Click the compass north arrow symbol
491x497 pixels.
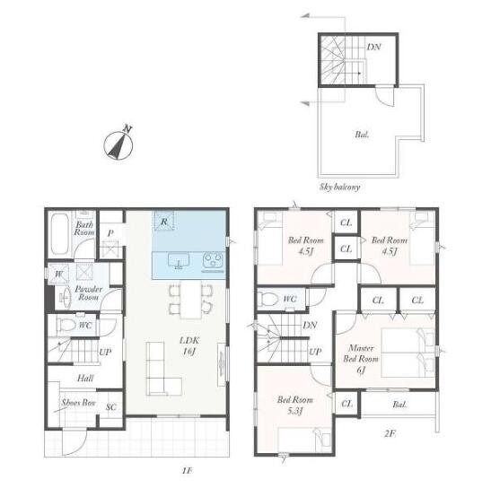(x=118, y=144)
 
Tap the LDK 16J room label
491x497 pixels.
(x=189, y=345)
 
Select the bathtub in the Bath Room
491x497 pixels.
(x=59, y=234)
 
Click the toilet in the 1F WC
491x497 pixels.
(x=67, y=324)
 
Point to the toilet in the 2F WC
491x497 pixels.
(x=268, y=299)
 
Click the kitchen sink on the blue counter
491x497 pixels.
(x=179, y=260)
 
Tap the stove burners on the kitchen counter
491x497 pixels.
(x=213, y=260)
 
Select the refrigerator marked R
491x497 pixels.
(x=164, y=221)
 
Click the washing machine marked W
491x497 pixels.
(x=59, y=274)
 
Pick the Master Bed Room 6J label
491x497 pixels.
(x=361, y=359)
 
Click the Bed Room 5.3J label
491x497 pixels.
(x=295, y=405)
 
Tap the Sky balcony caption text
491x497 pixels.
(x=339, y=187)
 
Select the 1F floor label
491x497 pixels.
(x=187, y=470)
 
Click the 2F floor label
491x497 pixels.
(x=390, y=433)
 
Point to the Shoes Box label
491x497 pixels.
(x=78, y=403)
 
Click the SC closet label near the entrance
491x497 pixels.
(x=110, y=407)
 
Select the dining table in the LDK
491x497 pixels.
(x=190, y=300)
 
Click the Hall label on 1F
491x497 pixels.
(x=85, y=378)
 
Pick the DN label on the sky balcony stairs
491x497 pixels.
(x=373, y=48)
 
